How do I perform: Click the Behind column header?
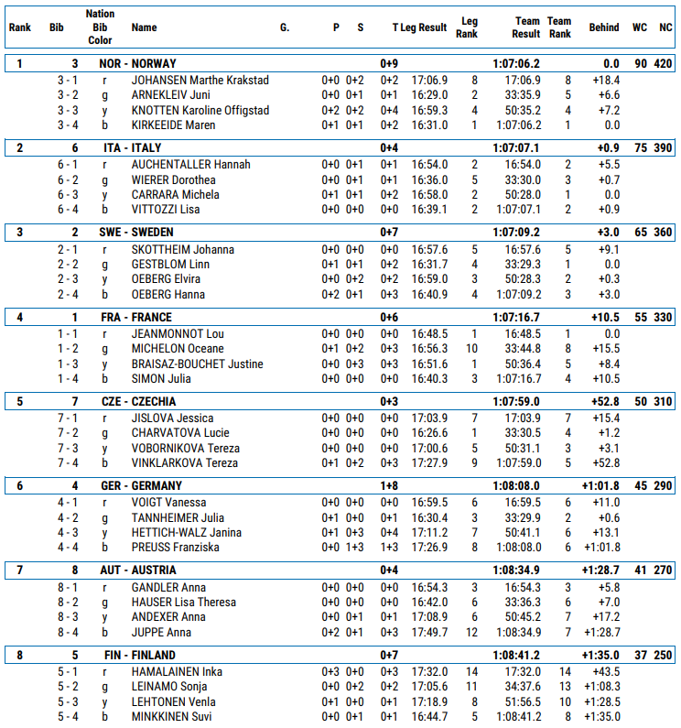point(603,27)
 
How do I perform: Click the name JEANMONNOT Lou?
point(178,334)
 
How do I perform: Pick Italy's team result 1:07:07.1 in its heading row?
point(516,147)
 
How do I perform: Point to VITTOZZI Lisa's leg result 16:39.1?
point(429,210)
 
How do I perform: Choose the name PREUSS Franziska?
point(174,548)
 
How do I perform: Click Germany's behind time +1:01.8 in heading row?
point(600,486)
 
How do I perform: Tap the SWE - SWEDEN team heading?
point(137,233)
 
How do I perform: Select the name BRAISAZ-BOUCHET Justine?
point(197,364)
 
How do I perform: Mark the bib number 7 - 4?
point(68,462)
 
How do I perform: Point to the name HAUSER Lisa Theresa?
point(183,603)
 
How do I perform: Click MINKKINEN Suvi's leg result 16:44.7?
point(429,717)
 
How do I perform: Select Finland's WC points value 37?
point(639,656)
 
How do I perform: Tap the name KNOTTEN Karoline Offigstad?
point(200,111)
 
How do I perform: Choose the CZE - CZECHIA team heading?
point(138,402)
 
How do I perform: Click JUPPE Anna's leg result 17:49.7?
point(429,633)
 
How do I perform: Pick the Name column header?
point(144,27)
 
